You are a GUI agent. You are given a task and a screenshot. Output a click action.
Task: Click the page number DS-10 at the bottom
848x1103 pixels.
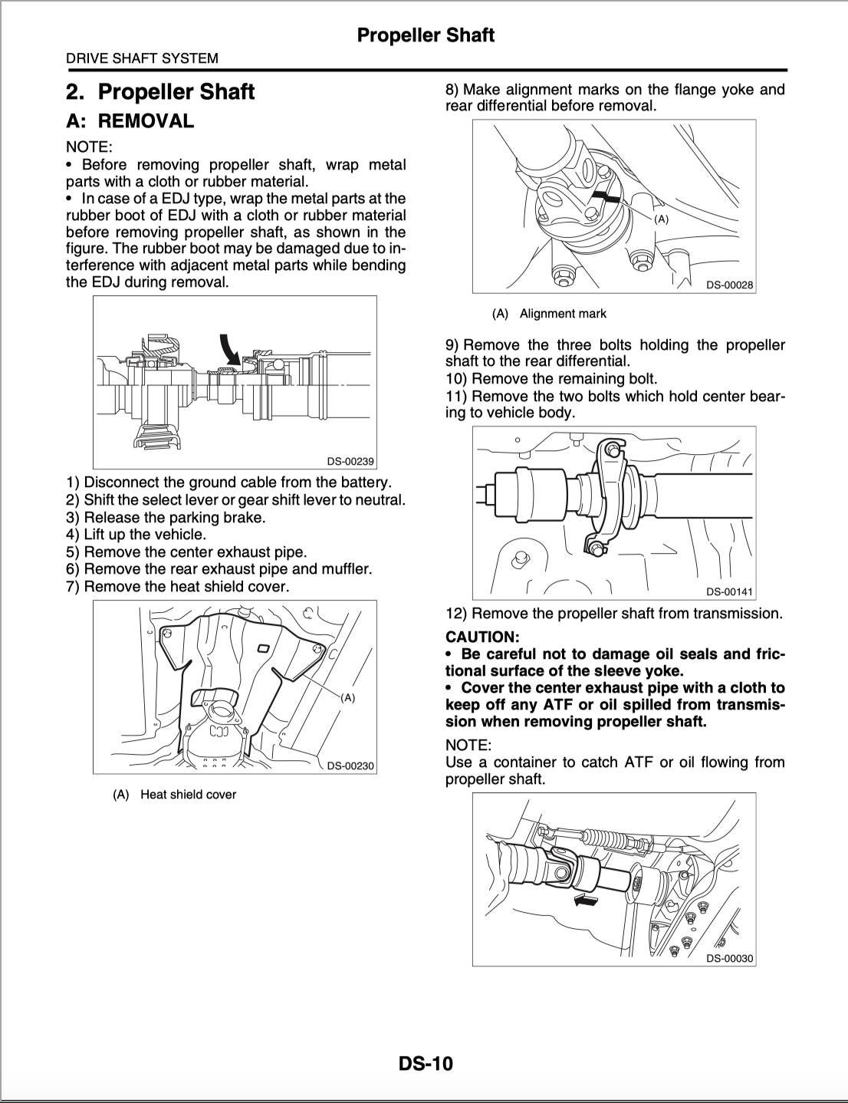tap(425, 1064)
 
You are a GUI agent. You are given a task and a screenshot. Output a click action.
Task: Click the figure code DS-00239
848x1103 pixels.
tap(350, 461)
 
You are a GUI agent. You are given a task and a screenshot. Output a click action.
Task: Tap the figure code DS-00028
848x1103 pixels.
tap(729, 285)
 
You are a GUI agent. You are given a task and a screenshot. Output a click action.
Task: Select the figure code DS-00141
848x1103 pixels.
tap(729, 591)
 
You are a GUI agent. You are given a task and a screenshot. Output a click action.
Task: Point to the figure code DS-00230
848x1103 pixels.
tap(350, 766)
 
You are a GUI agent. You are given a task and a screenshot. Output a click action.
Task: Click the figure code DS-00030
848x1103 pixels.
tap(729, 958)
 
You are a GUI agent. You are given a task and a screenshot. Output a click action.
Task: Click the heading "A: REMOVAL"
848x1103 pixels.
tap(130, 121)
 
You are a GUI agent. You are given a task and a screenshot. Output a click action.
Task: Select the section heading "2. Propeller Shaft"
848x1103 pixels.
tap(160, 92)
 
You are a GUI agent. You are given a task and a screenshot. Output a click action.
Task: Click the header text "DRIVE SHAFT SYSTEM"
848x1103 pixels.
tap(142, 58)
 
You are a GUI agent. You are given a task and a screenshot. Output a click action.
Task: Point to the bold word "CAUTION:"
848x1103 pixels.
tap(482, 637)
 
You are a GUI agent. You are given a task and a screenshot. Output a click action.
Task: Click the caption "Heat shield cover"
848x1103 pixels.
tap(188, 795)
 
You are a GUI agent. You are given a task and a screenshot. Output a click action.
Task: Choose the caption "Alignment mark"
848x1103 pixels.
tap(563, 314)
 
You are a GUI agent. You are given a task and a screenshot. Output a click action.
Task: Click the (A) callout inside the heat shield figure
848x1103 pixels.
tap(347, 698)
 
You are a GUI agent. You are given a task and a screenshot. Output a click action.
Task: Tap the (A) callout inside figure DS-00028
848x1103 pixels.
tap(661, 219)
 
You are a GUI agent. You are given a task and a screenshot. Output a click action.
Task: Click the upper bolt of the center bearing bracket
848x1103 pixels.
tap(611, 449)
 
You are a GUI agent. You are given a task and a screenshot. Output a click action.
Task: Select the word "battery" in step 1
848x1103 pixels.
tap(363, 482)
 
